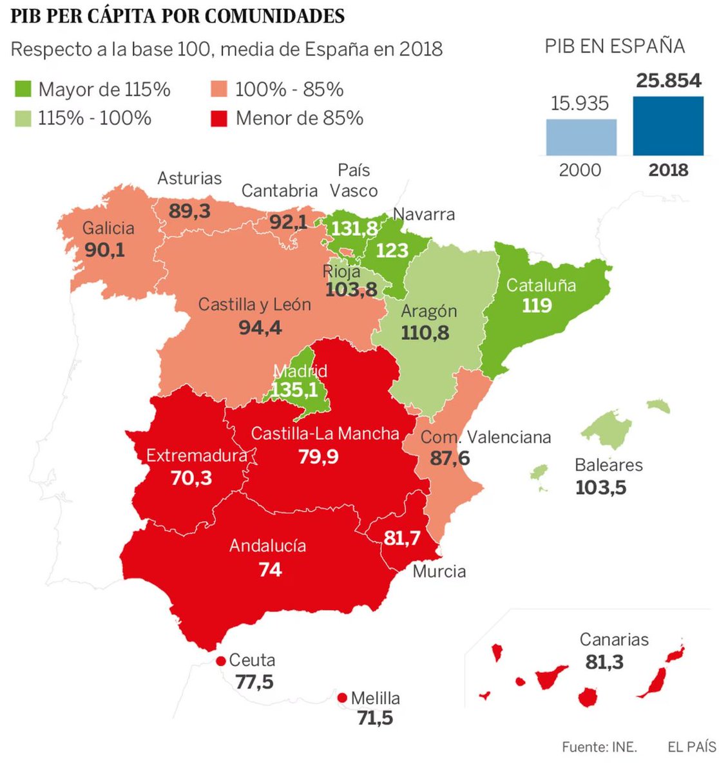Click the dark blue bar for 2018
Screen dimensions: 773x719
pyautogui.click(x=668, y=126)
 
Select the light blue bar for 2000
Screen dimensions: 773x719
pyautogui.click(x=581, y=137)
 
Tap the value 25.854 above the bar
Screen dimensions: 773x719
pyautogui.click(x=668, y=81)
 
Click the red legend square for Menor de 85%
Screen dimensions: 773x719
pyautogui.click(x=219, y=119)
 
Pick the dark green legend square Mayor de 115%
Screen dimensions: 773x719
pyautogui.click(x=22, y=90)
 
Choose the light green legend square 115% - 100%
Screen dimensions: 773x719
pyautogui.click(x=22, y=119)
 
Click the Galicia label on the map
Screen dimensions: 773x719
pyautogui.click(x=108, y=228)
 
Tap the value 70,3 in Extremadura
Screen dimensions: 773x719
pyautogui.click(x=191, y=478)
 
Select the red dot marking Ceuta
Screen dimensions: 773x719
pyautogui.click(x=221, y=661)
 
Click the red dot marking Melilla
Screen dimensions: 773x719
pyautogui.click(x=342, y=698)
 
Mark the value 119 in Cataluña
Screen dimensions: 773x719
pyautogui.click(x=537, y=305)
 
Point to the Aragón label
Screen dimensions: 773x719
pyautogui.click(x=428, y=311)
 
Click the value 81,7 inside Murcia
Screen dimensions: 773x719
pyautogui.click(x=402, y=537)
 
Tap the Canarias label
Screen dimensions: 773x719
pyautogui.click(x=614, y=640)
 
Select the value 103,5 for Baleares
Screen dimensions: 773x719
pyautogui.click(x=600, y=487)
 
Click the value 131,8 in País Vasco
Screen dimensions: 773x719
pyautogui.click(x=354, y=229)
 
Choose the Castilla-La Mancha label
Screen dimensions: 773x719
pyautogui.click(x=325, y=434)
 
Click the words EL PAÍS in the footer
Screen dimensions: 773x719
pyautogui.click(x=691, y=747)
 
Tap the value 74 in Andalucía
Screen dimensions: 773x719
pyautogui.click(x=270, y=569)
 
